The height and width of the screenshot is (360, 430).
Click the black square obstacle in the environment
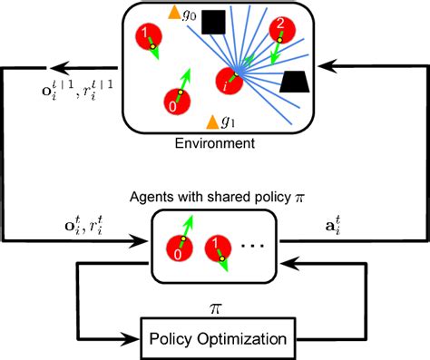(214, 23)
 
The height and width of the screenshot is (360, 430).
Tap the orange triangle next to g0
(174, 13)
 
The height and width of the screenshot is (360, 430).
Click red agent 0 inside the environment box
(173, 102)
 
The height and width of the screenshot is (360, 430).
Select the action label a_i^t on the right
(308, 220)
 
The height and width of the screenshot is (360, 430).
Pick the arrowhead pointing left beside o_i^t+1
(55, 66)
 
